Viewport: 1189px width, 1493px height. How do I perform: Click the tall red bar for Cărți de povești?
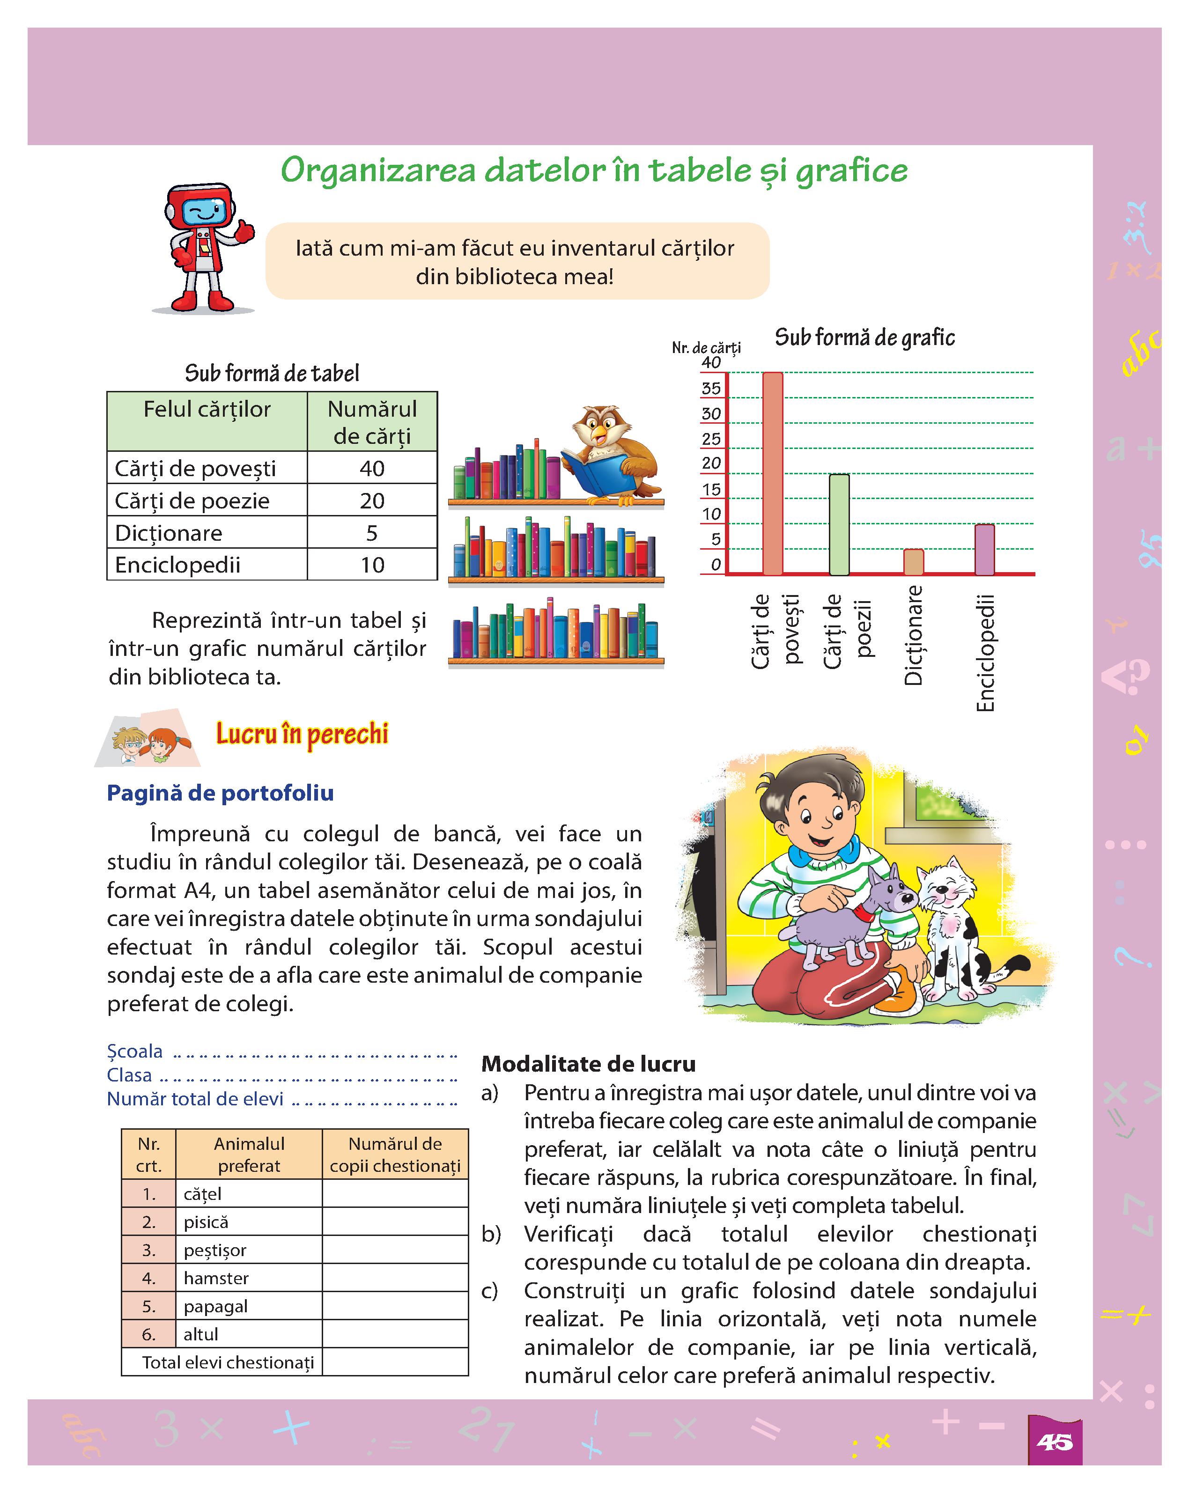point(772,474)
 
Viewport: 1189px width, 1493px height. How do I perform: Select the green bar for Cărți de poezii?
point(839,524)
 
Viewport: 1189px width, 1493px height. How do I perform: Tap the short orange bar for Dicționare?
point(913,562)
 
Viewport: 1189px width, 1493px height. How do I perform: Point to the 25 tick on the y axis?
point(711,438)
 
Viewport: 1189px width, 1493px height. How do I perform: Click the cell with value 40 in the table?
point(372,468)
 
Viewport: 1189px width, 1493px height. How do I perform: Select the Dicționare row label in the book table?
point(169,532)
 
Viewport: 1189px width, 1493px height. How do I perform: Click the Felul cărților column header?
point(207,409)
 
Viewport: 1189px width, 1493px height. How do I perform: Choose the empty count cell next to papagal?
point(395,1306)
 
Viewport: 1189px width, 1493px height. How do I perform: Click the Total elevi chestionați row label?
point(228,1362)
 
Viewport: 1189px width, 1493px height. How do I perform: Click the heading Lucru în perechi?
point(302,733)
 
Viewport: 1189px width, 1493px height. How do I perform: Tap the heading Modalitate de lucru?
point(588,1064)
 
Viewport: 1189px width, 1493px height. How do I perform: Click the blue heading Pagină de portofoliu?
point(220,793)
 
